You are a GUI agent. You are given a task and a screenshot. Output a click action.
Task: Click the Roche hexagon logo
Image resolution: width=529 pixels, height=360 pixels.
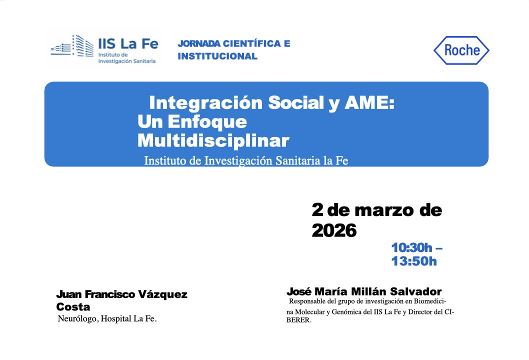tap(461, 50)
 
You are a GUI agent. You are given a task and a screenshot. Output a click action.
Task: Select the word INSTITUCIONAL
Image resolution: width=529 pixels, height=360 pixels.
tap(217, 56)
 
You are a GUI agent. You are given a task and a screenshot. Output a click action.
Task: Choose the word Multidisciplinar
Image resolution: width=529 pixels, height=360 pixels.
tap(213, 140)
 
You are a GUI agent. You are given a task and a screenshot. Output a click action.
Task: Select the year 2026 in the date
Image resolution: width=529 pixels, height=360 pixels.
tap(334, 230)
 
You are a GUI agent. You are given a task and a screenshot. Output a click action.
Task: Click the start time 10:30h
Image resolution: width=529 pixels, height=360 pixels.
tap(412, 247)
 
